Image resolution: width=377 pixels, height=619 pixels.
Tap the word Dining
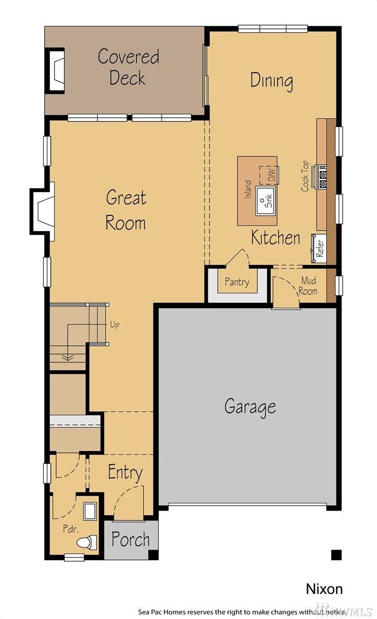272,80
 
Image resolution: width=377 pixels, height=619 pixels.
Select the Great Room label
126,210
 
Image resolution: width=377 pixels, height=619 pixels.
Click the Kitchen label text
276,238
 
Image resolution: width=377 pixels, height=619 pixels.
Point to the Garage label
250,406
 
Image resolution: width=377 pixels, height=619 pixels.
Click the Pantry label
237,282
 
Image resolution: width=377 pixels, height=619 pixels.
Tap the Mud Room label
308,286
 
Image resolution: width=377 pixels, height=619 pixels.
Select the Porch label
130,540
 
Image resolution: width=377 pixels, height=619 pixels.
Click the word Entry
125,472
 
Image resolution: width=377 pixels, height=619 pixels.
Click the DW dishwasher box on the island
268,175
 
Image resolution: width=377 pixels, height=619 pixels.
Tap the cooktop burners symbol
322,176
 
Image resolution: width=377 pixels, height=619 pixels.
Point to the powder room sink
89,512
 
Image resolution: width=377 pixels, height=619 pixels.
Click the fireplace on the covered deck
55,70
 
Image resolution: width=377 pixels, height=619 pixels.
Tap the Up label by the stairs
115,325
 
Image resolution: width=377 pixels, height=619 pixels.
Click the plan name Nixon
324,589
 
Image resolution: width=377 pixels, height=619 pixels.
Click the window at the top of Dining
273,28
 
